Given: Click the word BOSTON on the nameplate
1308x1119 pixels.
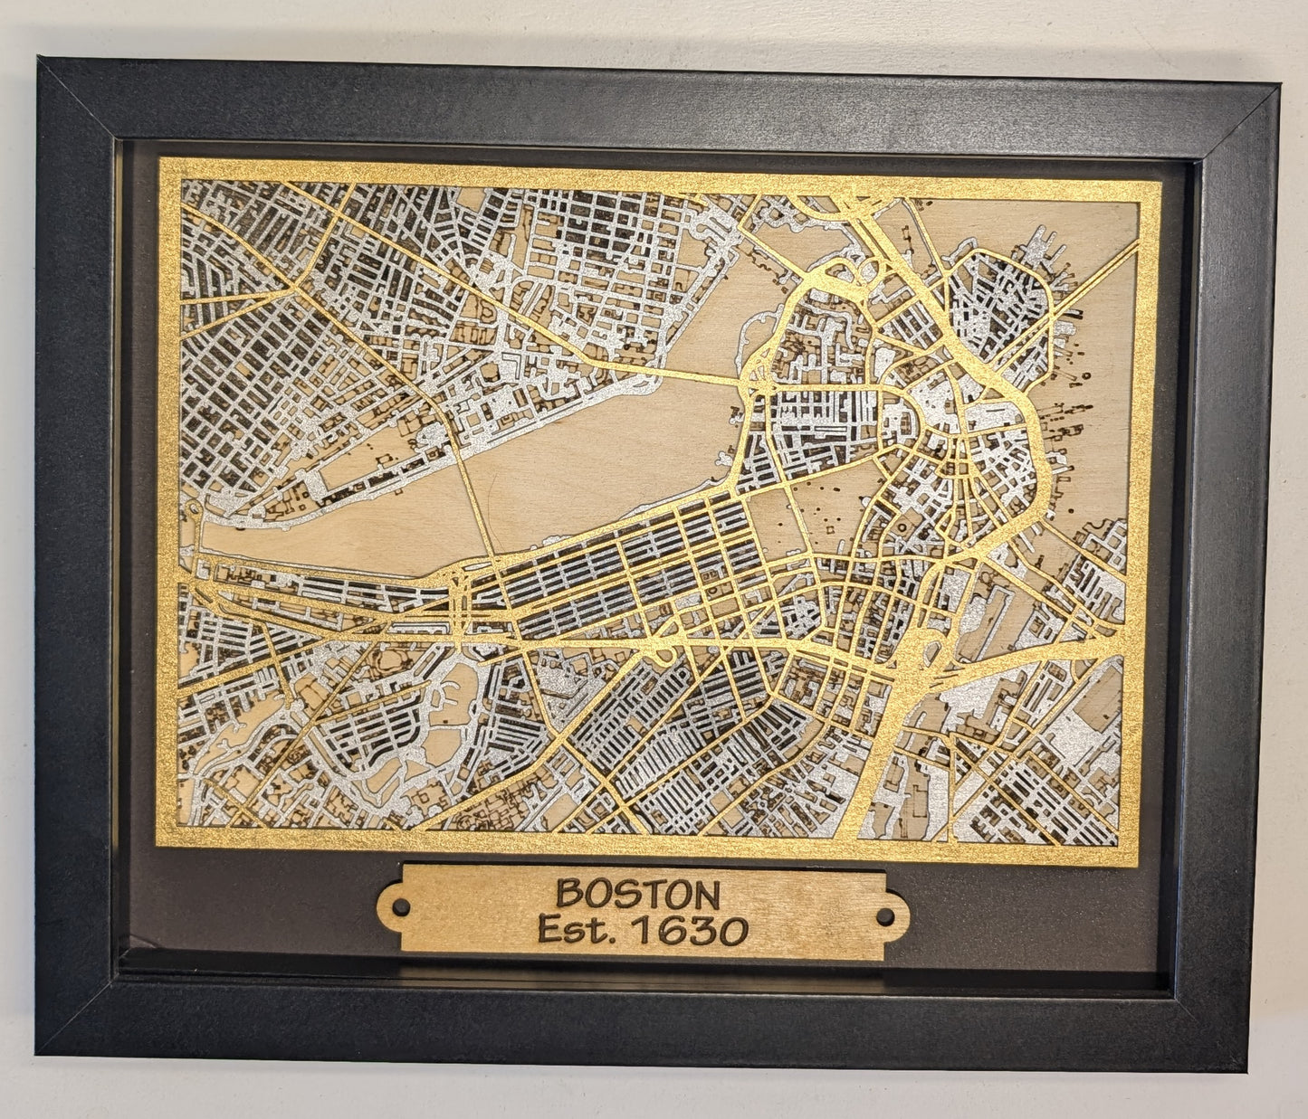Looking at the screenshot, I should point(638,894).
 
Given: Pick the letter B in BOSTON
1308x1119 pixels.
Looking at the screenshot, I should point(568,894).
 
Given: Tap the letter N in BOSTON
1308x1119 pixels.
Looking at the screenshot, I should point(706,896).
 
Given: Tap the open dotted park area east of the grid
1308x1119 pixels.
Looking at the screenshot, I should point(828,507).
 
